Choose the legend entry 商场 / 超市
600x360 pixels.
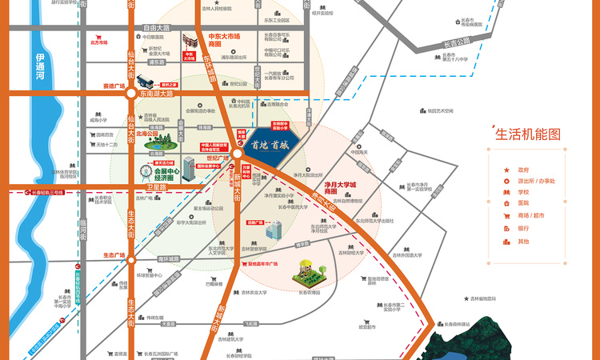click(x=529, y=217)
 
